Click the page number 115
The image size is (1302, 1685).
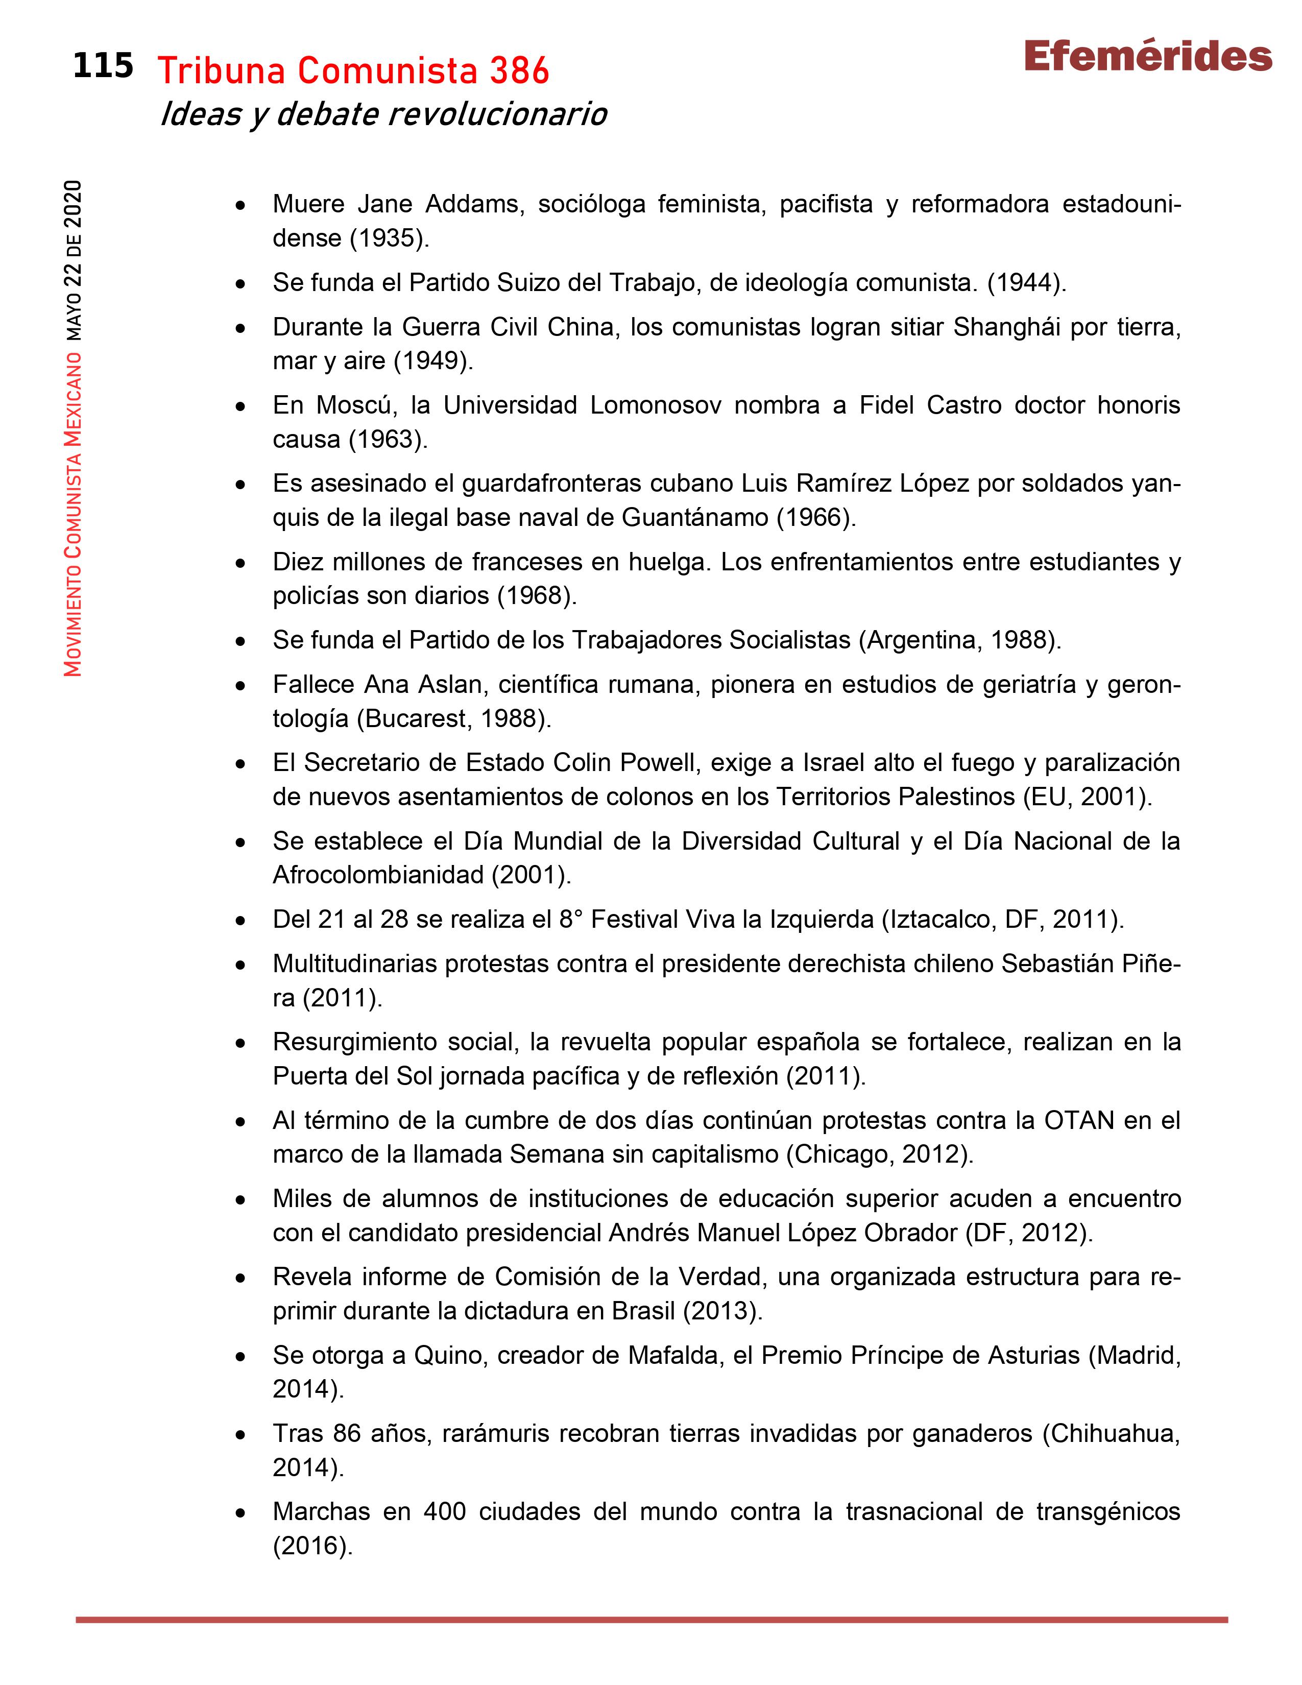tap(103, 66)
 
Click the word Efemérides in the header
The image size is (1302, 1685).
tap(1148, 57)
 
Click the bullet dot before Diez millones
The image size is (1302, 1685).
tap(242, 563)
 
